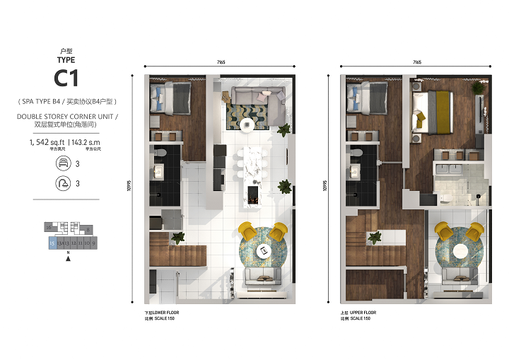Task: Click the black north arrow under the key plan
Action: click(x=67, y=259)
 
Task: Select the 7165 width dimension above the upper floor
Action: click(x=416, y=63)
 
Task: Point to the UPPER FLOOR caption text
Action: click(x=364, y=312)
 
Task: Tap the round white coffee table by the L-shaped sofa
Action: click(x=247, y=124)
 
